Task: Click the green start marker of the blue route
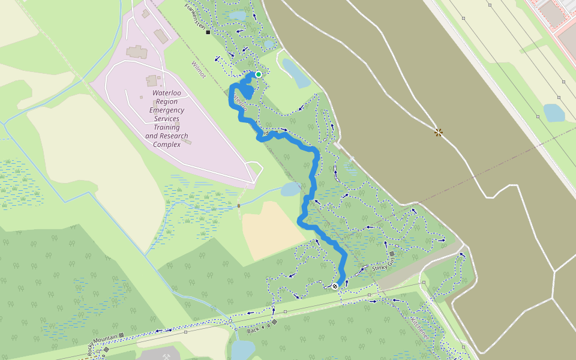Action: click(258, 74)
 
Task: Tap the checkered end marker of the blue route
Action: click(335, 286)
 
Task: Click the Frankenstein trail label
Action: click(195, 16)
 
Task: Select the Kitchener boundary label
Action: click(420, 327)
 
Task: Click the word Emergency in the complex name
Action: click(167, 110)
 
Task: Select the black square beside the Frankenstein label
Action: click(208, 32)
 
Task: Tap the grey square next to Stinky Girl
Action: click(392, 254)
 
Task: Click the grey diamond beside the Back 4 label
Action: click(274, 322)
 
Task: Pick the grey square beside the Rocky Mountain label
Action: click(121, 335)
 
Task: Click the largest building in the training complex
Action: click(137, 52)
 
